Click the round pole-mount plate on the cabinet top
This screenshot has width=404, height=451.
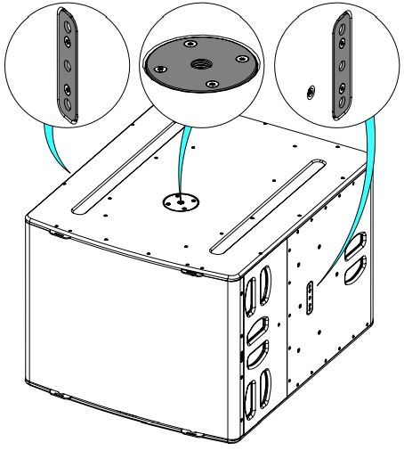[x=179, y=201]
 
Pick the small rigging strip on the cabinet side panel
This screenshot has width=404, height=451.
[x=309, y=299]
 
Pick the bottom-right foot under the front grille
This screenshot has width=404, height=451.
[x=189, y=434]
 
